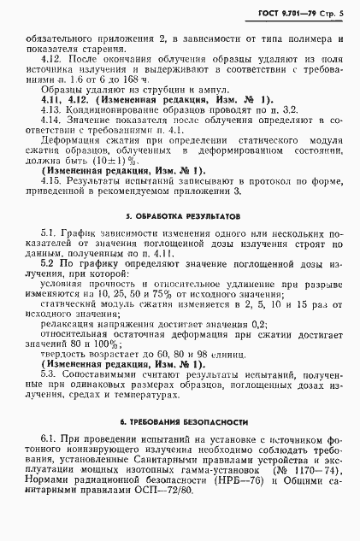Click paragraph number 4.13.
(50, 111)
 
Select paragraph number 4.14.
(50, 123)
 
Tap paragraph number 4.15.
(50, 182)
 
